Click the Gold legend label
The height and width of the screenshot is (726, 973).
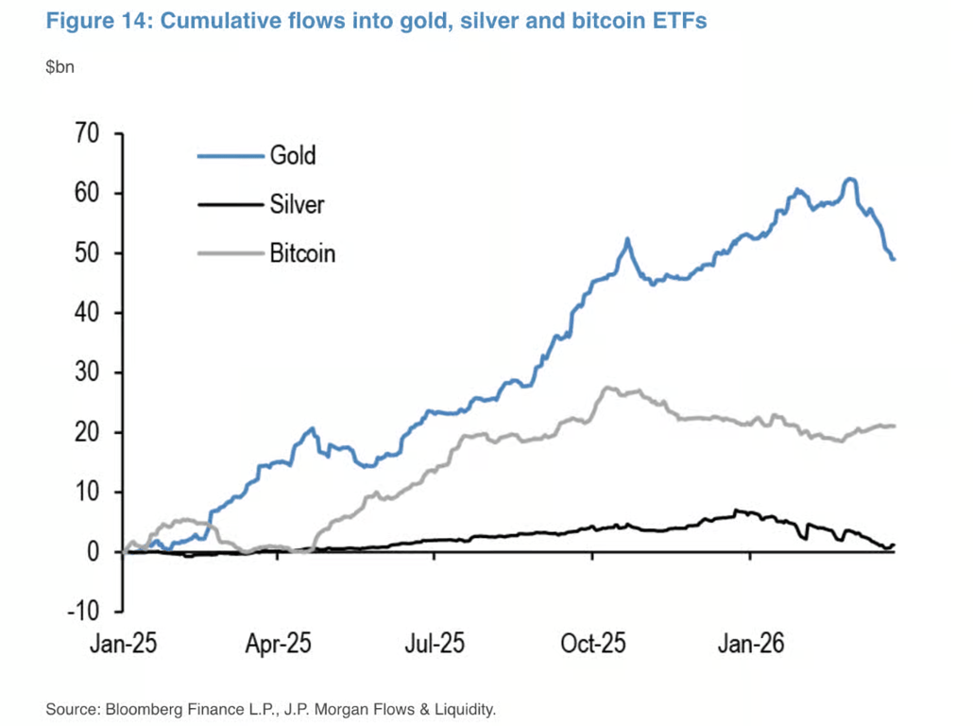pos(293,154)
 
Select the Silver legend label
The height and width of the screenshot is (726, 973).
pos(297,203)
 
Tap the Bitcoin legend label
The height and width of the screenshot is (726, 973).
pos(302,253)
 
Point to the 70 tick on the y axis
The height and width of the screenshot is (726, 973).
pos(87,133)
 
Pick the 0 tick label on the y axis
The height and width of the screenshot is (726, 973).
pos(94,552)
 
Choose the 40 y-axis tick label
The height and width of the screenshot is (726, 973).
pos(87,313)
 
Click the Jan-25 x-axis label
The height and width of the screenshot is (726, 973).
pos(124,645)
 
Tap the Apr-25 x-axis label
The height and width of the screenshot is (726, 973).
pos(278,645)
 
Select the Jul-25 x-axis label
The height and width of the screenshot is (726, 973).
pos(435,645)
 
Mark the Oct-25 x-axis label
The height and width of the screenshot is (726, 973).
pos(592,645)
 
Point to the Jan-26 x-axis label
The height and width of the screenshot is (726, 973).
pos(749,645)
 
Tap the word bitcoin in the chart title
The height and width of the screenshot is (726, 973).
pos(603,22)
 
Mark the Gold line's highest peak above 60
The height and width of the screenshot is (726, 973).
pos(850,179)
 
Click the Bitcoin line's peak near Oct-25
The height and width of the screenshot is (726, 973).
pos(608,387)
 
